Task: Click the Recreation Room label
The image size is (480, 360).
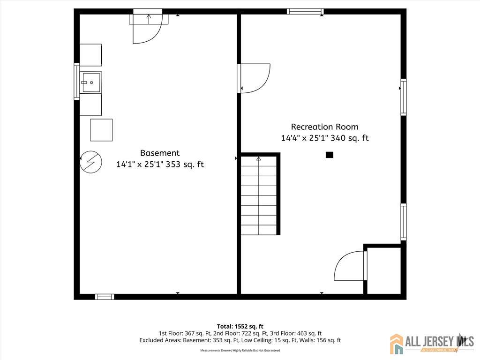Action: pyautogui.click(x=324, y=127)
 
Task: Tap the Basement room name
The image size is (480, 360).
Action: pyautogui.click(x=160, y=153)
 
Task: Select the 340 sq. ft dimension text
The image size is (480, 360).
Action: pyautogui.click(x=350, y=138)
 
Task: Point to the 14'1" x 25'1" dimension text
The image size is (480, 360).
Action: pyautogui.click(x=140, y=165)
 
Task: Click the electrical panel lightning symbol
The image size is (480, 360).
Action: pyautogui.click(x=91, y=162)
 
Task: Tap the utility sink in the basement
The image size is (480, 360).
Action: pyautogui.click(x=90, y=82)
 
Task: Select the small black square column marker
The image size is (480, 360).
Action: pyautogui.click(x=330, y=155)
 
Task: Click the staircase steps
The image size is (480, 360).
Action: pyautogui.click(x=259, y=196)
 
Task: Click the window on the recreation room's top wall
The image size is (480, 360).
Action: pyautogui.click(x=305, y=12)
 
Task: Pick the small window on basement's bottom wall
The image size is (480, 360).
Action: pyautogui.click(x=105, y=297)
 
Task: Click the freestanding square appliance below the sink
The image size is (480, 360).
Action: pyautogui.click(x=101, y=130)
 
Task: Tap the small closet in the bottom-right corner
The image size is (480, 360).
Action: pyautogui.click(x=384, y=270)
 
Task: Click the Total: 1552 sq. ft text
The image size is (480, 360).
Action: pyautogui.click(x=240, y=326)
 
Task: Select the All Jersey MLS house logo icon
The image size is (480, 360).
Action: pyautogui.click(x=397, y=344)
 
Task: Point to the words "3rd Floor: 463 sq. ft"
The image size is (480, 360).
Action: pyautogui.click(x=296, y=333)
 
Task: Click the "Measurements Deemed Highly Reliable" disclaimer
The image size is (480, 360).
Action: pyautogui.click(x=240, y=350)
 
